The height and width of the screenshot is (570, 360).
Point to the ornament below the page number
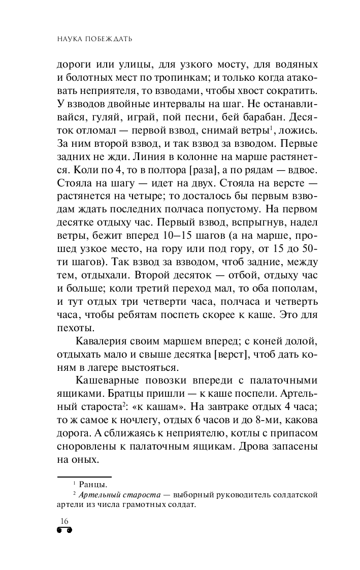(64, 530)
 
